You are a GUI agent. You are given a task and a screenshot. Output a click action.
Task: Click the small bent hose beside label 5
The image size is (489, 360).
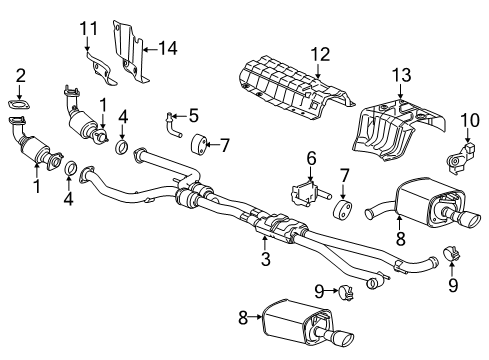[x=173, y=126]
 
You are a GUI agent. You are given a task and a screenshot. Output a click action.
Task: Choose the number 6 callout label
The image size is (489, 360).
[x=311, y=158]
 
